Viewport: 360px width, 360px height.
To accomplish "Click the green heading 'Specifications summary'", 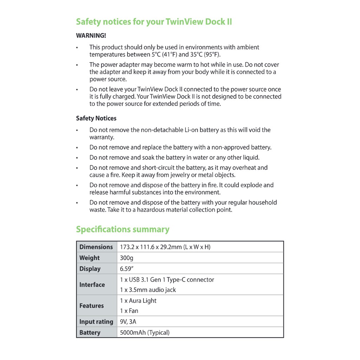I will coord(123,230).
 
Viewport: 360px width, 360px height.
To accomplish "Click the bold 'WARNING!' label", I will coord(91,36).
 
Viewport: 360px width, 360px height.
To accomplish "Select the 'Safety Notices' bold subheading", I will coord(96,118).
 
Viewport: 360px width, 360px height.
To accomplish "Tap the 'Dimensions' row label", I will coord(96,247).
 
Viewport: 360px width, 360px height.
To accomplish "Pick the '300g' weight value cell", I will coord(127,258).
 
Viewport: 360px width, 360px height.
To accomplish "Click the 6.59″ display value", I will coord(128,269).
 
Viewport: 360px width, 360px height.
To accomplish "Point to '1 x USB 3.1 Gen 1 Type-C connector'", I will coord(167,280).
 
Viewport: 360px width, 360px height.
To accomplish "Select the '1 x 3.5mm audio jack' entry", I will coord(148,290).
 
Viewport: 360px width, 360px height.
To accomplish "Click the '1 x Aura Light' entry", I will coord(138,301).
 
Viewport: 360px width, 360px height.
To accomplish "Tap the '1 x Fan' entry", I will coord(129,311).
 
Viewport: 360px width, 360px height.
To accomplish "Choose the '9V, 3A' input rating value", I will coord(128,322).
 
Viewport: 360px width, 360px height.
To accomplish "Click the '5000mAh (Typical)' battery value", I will coord(144,333).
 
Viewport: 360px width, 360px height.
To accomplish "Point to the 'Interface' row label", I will coord(92,285).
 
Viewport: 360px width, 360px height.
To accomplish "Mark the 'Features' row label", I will coord(91,306).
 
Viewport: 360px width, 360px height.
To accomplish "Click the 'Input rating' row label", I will coord(96,322).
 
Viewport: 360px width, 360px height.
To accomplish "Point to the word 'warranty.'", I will coord(102,137).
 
